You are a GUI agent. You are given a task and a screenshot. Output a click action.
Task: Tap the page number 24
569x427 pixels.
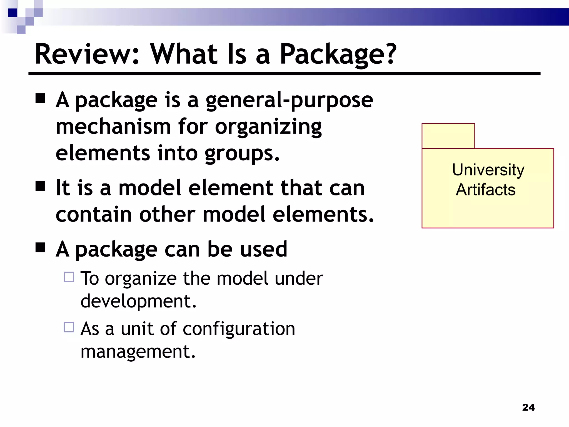click(528, 407)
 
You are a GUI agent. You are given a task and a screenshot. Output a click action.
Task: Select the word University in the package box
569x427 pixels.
click(488, 170)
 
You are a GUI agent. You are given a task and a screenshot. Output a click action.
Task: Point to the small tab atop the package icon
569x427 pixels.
click(448, 136)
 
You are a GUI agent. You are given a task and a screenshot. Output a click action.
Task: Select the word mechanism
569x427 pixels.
click(113, 127)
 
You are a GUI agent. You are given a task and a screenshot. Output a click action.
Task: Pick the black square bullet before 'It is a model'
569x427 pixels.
click(41, 186)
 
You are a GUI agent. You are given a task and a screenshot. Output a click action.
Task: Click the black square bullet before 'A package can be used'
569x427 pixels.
click(41, 247)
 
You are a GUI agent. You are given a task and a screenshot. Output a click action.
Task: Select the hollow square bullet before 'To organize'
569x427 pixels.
click(69, 277)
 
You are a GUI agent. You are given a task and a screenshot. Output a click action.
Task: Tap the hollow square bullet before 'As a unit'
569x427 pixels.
click(69, 327)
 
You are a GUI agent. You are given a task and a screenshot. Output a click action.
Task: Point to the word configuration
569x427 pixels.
click(239, 329)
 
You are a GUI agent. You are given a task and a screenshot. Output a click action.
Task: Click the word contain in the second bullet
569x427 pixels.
click(94, 214)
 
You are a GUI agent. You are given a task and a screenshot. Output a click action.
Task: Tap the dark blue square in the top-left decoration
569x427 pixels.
click(13, 13)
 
